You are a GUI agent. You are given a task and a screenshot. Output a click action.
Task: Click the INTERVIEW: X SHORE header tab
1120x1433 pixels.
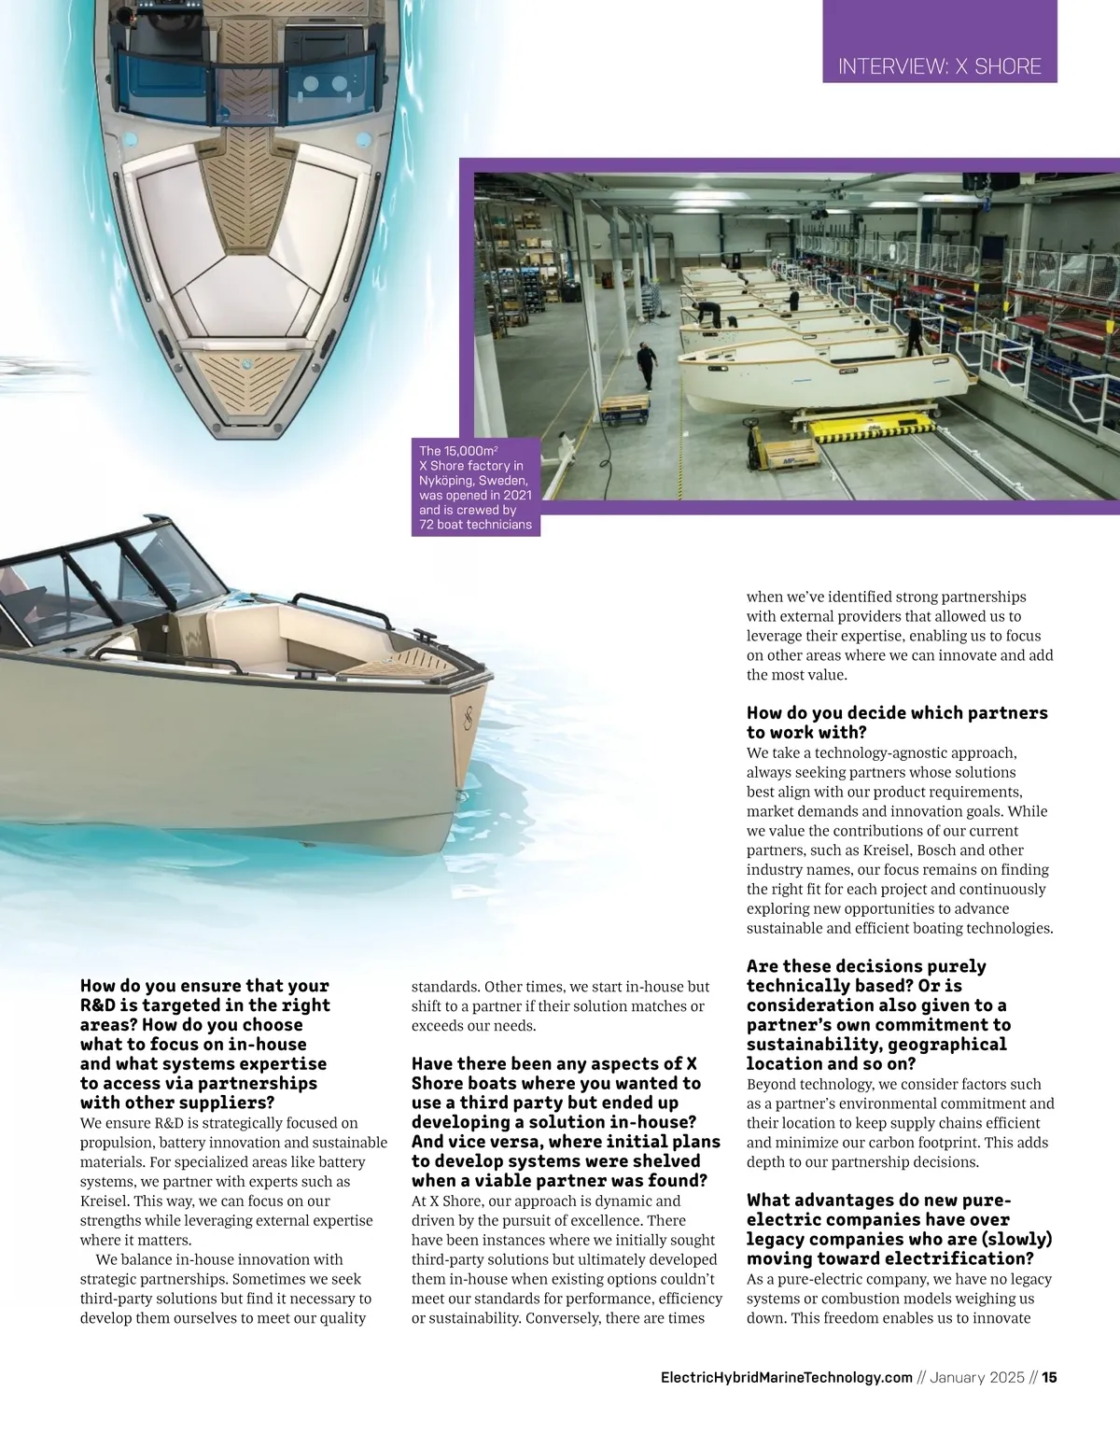(939, 66)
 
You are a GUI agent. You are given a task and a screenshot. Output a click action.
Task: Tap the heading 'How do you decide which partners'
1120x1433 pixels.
(897, 713)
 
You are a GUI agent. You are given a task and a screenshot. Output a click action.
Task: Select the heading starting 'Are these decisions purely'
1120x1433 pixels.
(866, 967)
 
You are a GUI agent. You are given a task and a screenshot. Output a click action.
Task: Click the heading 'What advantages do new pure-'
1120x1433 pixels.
(878, 1201)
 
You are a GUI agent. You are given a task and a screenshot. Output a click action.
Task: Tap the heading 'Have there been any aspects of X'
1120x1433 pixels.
(554, 1064)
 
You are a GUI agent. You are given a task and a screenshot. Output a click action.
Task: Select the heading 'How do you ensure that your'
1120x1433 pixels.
(204, 986)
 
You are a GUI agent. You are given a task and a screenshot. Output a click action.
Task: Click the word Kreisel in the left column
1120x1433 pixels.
(105, 1201)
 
